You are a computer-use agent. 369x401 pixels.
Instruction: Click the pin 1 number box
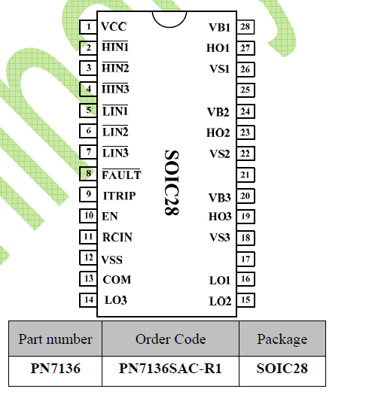pos(88,27)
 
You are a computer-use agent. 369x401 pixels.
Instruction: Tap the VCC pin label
pos(114,26)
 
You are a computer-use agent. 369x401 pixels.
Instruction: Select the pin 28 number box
pos(245,27)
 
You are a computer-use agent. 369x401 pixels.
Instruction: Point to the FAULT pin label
pos(121,175)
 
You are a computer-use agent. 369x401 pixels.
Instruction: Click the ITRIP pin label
pos(119,196)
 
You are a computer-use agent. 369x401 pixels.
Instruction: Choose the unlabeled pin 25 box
pos(245,90)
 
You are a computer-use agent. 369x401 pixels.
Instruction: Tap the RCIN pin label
pos(117,237)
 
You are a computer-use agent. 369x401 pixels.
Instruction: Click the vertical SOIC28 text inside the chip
pos(172,183)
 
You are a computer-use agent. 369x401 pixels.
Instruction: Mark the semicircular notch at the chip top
pos(169,26)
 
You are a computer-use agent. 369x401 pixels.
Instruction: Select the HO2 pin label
pos(218,133)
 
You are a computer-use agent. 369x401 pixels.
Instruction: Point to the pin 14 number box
pos(88,300)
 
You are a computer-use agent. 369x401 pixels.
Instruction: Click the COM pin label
pos(117,280)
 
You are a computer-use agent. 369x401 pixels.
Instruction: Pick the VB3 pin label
pos(220,198)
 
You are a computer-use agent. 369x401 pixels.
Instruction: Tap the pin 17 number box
pos(245,260)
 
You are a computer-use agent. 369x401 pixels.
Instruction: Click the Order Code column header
pos(170,339)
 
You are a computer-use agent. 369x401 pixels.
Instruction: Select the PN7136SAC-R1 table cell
pos(170,369)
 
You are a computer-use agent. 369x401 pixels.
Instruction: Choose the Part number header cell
pos(55,339)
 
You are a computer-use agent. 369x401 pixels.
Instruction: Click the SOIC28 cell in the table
pos(282,369)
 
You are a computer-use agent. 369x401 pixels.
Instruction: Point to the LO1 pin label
pos(220,281)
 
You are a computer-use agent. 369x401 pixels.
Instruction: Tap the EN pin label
pos(110,217)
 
